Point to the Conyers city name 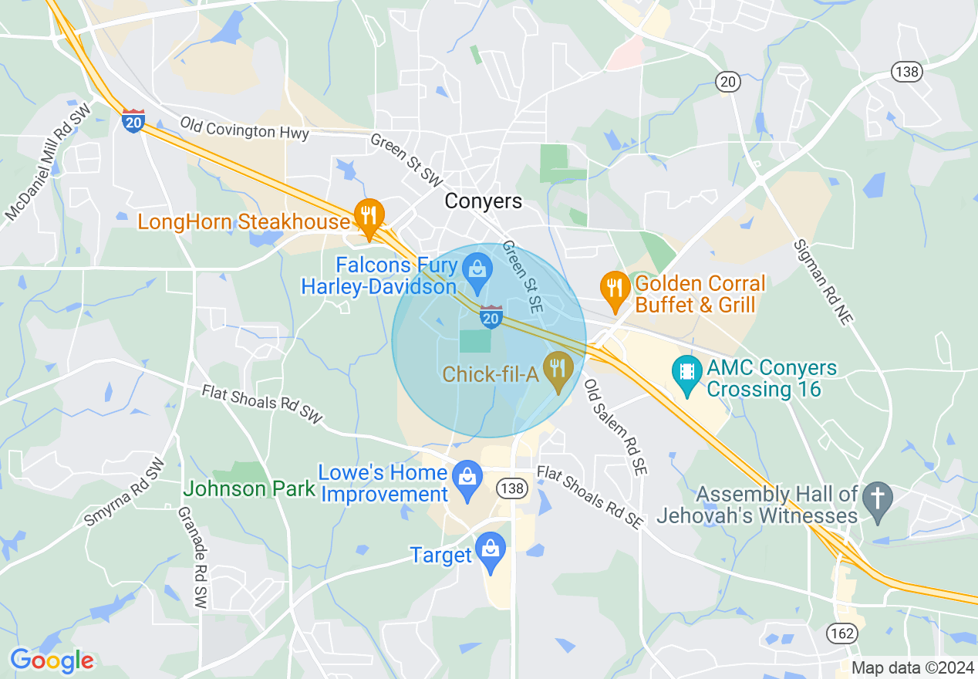tap(484, 201)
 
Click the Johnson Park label tap(249, 488)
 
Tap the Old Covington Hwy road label tap(244, 128)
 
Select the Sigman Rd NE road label tap(821, 282)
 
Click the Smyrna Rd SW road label tap(123, 493)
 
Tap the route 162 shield tap(842, 633)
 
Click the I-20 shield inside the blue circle tap(491, 316)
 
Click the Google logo tap(52, 660)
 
